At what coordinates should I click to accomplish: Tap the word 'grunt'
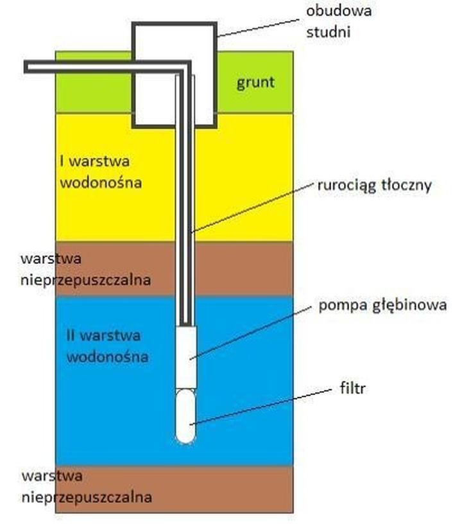[x=255, y=82]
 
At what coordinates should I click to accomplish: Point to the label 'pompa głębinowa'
[x=382, y=305]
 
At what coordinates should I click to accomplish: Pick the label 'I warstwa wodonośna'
[x=100, y=171]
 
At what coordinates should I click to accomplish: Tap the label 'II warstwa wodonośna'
[x=107, y=346]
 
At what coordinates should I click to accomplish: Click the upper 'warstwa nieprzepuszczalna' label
[x=85, y=269]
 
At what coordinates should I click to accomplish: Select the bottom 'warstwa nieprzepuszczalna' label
[x=86, y=486]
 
